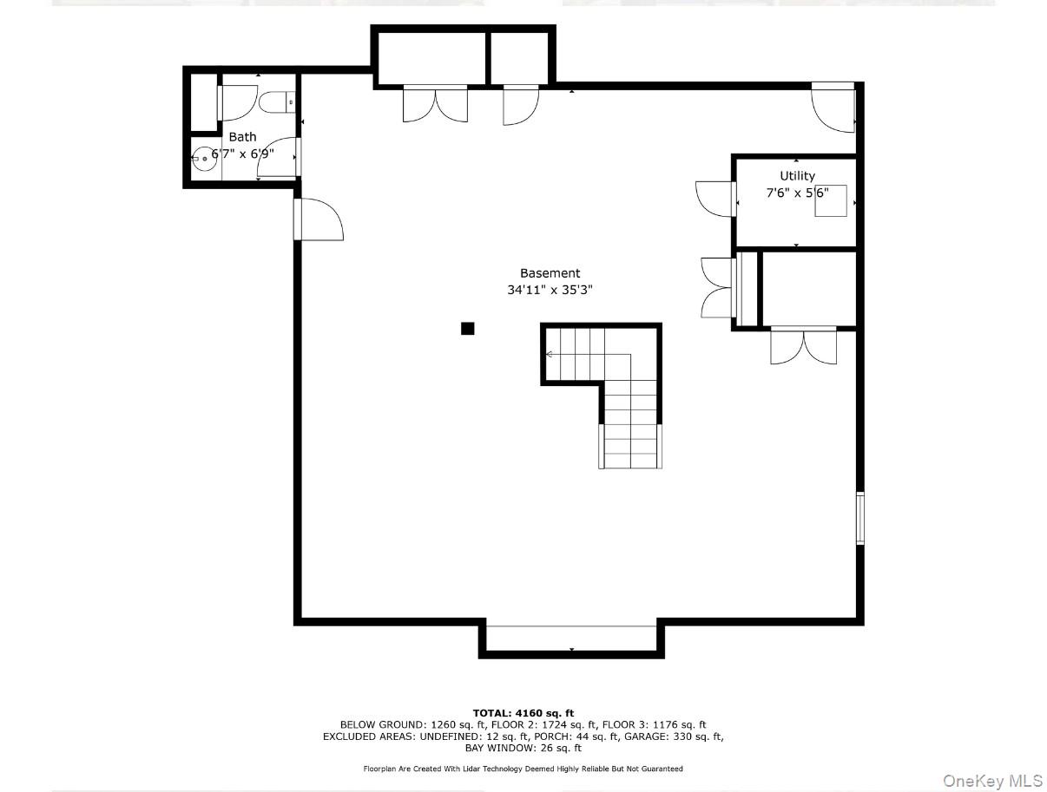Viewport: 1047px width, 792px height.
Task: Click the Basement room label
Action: tap(550, 273)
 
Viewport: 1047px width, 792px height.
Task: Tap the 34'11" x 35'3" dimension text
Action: tap(550, 291)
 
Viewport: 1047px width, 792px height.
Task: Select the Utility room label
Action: tap(797, 176)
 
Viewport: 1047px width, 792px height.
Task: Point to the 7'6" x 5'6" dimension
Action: tap(797, 193)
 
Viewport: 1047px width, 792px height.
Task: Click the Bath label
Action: tap(242, 137)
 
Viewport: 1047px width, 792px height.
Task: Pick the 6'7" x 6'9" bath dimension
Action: tap(243, 153)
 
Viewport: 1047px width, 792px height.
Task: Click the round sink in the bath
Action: tap(204, 159)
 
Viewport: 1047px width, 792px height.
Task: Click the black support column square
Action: tap(467, 328)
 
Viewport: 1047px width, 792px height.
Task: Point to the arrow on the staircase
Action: tap(550, 354)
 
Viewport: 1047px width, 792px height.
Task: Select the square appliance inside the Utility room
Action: tap(830, 200)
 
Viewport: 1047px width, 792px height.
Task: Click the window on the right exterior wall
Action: tap(860, 518)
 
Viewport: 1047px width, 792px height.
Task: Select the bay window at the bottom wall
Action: tap(571, 638)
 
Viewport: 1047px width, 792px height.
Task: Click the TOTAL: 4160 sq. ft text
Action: tap(523, 713)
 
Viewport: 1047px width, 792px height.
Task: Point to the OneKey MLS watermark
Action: tap(992, 781)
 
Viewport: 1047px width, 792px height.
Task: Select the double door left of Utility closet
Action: tap(719, 287)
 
